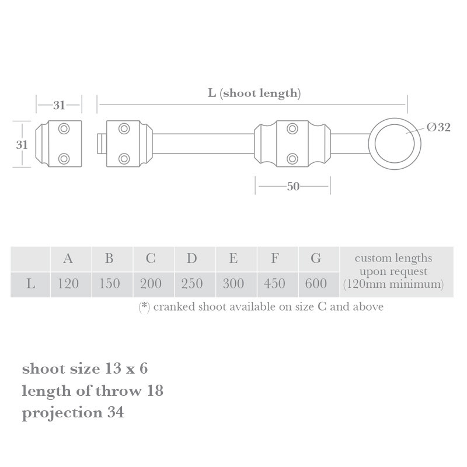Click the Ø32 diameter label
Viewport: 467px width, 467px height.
tap(438, 127)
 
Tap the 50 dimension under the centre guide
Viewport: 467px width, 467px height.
tap(292, 187)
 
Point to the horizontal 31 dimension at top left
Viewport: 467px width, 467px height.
tap(59, 106)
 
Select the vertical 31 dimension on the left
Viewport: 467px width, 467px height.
tap(21, 144)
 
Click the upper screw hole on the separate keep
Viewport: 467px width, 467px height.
tap(64, 128)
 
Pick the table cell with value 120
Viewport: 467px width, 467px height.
tap(68, 284)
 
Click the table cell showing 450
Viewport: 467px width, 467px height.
tap(274, 284)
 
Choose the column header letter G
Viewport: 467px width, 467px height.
tap(316, 259)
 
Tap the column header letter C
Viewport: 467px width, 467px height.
tap(151, 259)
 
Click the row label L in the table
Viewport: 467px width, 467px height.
tap(30, 284)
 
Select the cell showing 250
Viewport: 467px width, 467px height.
tap(192, 284)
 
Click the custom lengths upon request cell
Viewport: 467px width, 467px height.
tap(393, 271)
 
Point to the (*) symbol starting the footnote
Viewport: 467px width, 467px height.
tap(144, 306)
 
